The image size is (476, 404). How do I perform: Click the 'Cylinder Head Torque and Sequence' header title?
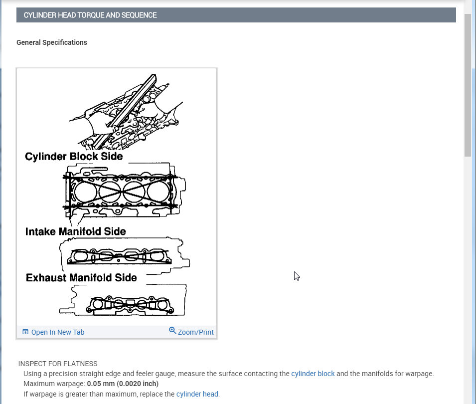(90, 15)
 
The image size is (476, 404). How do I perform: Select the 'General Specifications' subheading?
(52, 42)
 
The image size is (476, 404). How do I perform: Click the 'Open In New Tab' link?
(58, 332)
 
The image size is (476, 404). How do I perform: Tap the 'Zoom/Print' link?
(195, 332)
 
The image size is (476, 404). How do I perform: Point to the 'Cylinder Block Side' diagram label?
(74, 157)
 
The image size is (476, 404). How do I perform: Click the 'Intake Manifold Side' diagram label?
(75, 231)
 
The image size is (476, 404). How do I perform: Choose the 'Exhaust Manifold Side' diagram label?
(81, 277)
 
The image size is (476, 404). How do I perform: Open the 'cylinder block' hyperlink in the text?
(313, 374)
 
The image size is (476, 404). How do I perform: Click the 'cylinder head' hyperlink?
(197, 394)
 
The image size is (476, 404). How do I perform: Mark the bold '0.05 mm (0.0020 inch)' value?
(123, 384)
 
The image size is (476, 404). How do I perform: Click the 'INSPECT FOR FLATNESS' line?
(58, 364)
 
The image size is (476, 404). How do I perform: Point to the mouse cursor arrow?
(297, 276)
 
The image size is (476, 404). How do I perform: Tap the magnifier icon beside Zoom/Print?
(172, 331)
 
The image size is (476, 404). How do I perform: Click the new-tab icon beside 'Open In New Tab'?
(25, 332)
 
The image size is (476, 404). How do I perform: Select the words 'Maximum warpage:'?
(54, 384)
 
